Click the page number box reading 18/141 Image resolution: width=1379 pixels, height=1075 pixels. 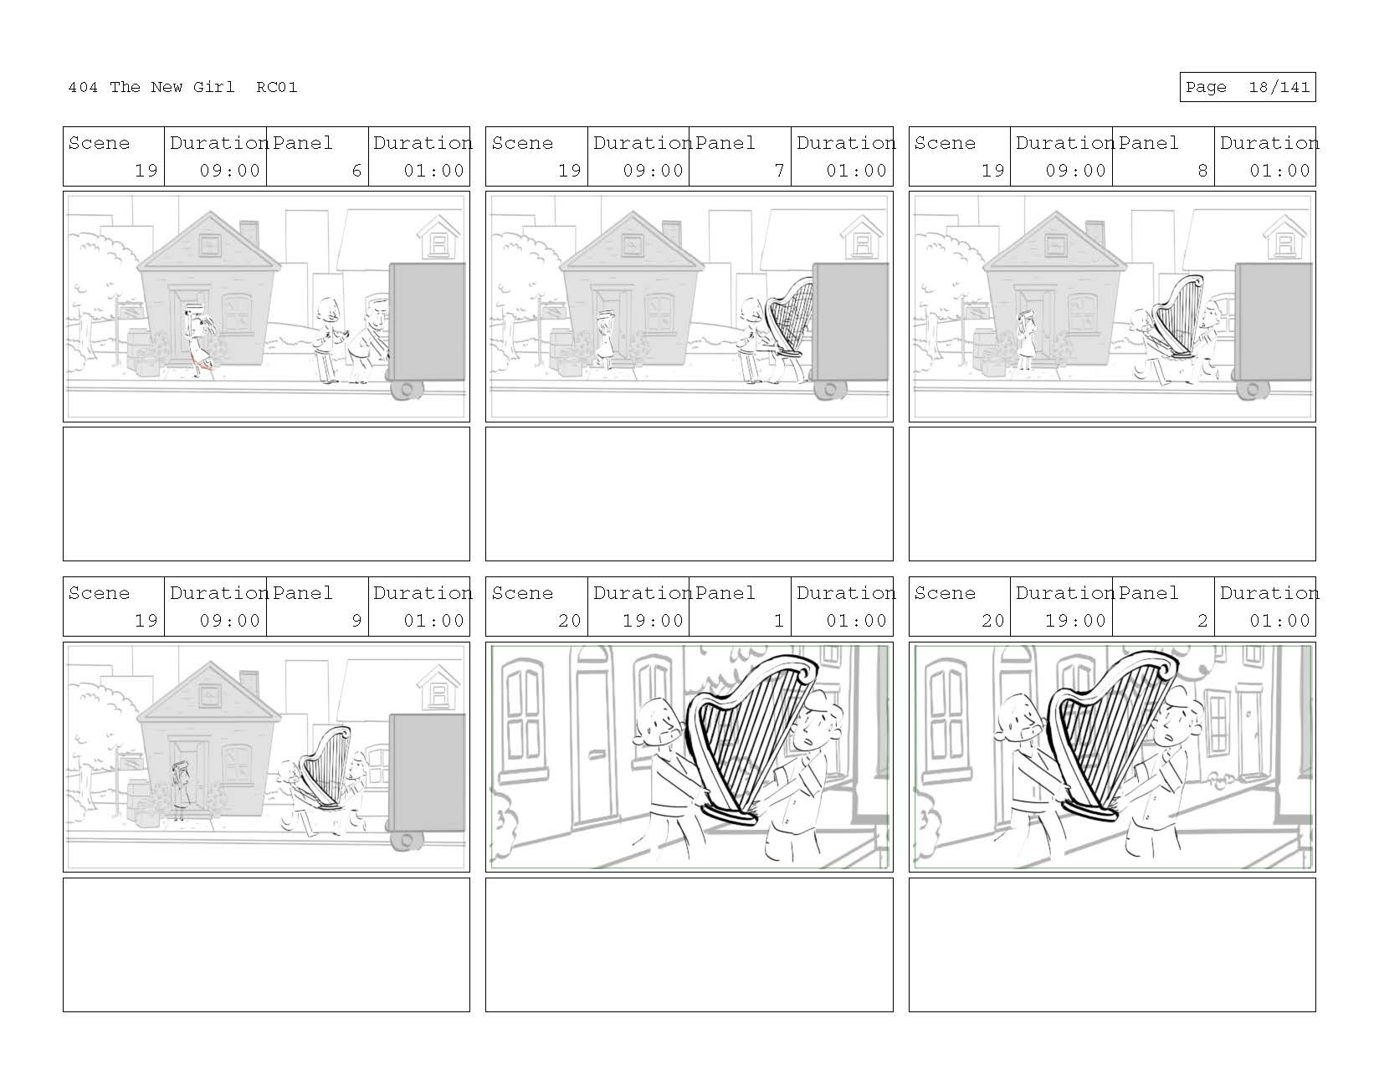[x=1247, y=87]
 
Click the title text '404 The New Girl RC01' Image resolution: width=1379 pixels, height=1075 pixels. [x=182, y=87]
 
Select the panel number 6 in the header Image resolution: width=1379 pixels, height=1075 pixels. [x=356, y=171]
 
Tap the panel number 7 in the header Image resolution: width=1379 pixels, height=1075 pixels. [x=779, y=171]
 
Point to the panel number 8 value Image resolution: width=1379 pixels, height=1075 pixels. [x=1202, y=171]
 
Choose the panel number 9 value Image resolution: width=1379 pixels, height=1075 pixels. [x=356, y=621]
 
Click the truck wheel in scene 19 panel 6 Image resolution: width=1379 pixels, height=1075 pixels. [x=407, y=390]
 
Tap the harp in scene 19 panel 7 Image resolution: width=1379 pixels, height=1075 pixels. [x=788, y=318]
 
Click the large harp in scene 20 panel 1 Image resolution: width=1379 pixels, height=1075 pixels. [x=749, y=736]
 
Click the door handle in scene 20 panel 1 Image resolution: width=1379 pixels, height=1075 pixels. [x=597, y=754]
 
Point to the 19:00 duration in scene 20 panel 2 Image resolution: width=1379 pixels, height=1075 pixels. [x=1075, y=621]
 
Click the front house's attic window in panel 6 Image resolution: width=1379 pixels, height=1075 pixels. [x=209, y=244]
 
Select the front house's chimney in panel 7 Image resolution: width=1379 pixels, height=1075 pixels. [x=672, y=232]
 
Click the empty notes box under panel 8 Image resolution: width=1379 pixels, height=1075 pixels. [x=1111, y=494]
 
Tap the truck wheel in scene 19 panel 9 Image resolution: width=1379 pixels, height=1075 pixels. [x=407, y=840]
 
